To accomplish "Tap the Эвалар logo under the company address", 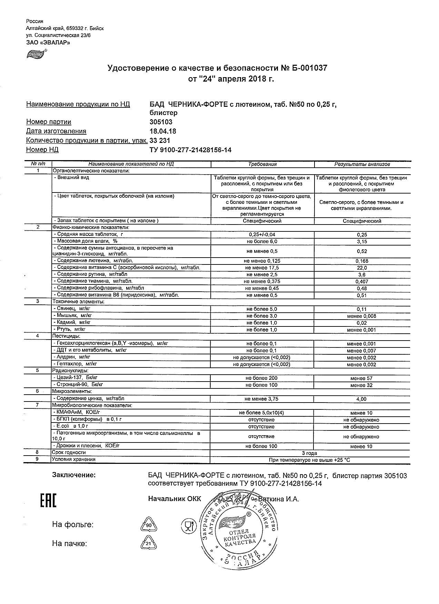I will pyautogui.click(x=36, y=54).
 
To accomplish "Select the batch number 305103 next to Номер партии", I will pyautogui.click(x=161, y=122).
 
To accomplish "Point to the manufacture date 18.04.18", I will pyautogui.click(x=163, y=131).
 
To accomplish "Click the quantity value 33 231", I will pyautogui.click(x=160, y=140).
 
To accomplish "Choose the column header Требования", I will pyautogui.click(x=262, y=164).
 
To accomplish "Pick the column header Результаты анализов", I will pyautogui.click(x=362, y=164).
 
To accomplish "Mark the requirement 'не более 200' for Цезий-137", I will pyautogui.click(x=261, y=378).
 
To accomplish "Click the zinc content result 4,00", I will pyautogui.click(x=362, y=399).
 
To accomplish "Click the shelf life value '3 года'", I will pyautogui.click(x=309, y=453).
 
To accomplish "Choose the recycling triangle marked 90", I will pyautogui.click(x=149, y=526).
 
